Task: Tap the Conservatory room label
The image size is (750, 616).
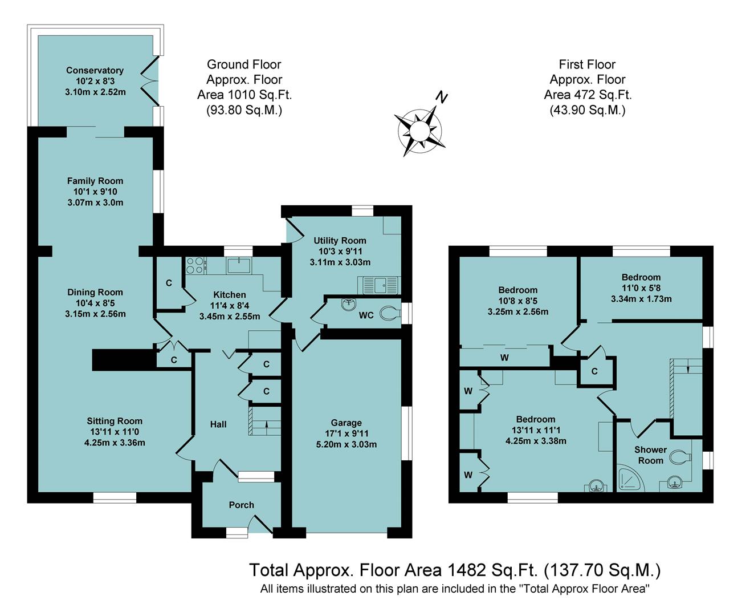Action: [x=95, y=70]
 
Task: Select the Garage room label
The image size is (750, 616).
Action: [x=346, y=423]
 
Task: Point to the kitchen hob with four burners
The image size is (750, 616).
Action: [x=195, y=265]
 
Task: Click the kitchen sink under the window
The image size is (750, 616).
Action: [x=238, y=265]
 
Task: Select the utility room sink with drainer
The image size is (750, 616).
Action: [x=379, y=284]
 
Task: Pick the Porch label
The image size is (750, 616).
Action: [x=241, y=505]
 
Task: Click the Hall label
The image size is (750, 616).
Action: [x=218, y=424]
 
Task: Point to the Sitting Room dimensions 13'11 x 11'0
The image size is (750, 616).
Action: [x=115, y=432]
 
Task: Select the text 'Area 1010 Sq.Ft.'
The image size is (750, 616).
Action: [x=244, y=95]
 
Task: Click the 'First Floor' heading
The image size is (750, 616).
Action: [x=587, y=64]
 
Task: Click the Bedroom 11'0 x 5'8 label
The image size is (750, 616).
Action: [x=641, y=277]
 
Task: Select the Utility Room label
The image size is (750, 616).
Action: [x=340, y=241]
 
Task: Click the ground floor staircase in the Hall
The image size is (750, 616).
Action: [x=265, y=422]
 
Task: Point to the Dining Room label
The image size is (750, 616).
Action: [x=95, y=292]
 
